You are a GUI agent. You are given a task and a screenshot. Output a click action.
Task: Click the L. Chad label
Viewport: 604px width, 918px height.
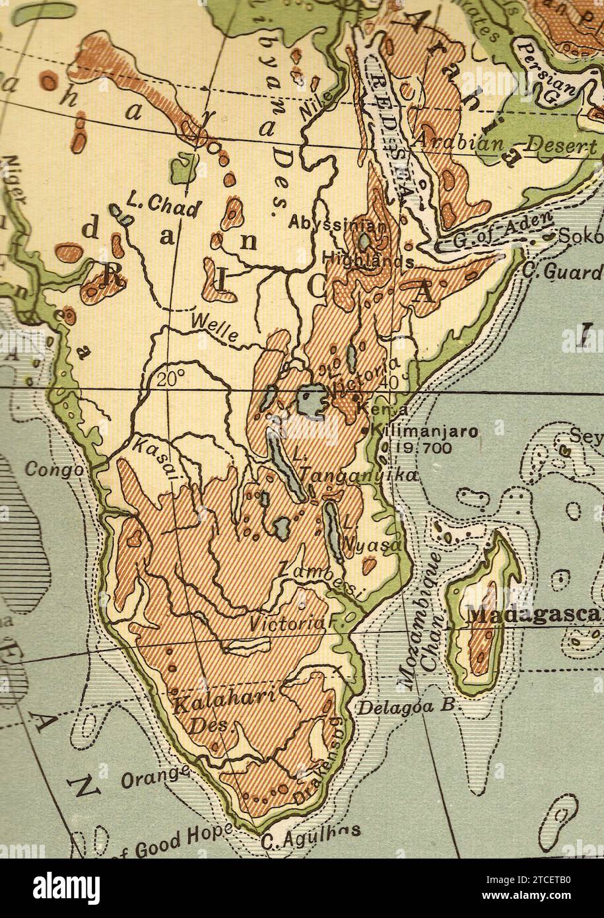(x=162, y=207)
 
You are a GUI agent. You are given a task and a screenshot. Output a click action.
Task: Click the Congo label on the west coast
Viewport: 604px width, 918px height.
(x=55, y=470)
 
